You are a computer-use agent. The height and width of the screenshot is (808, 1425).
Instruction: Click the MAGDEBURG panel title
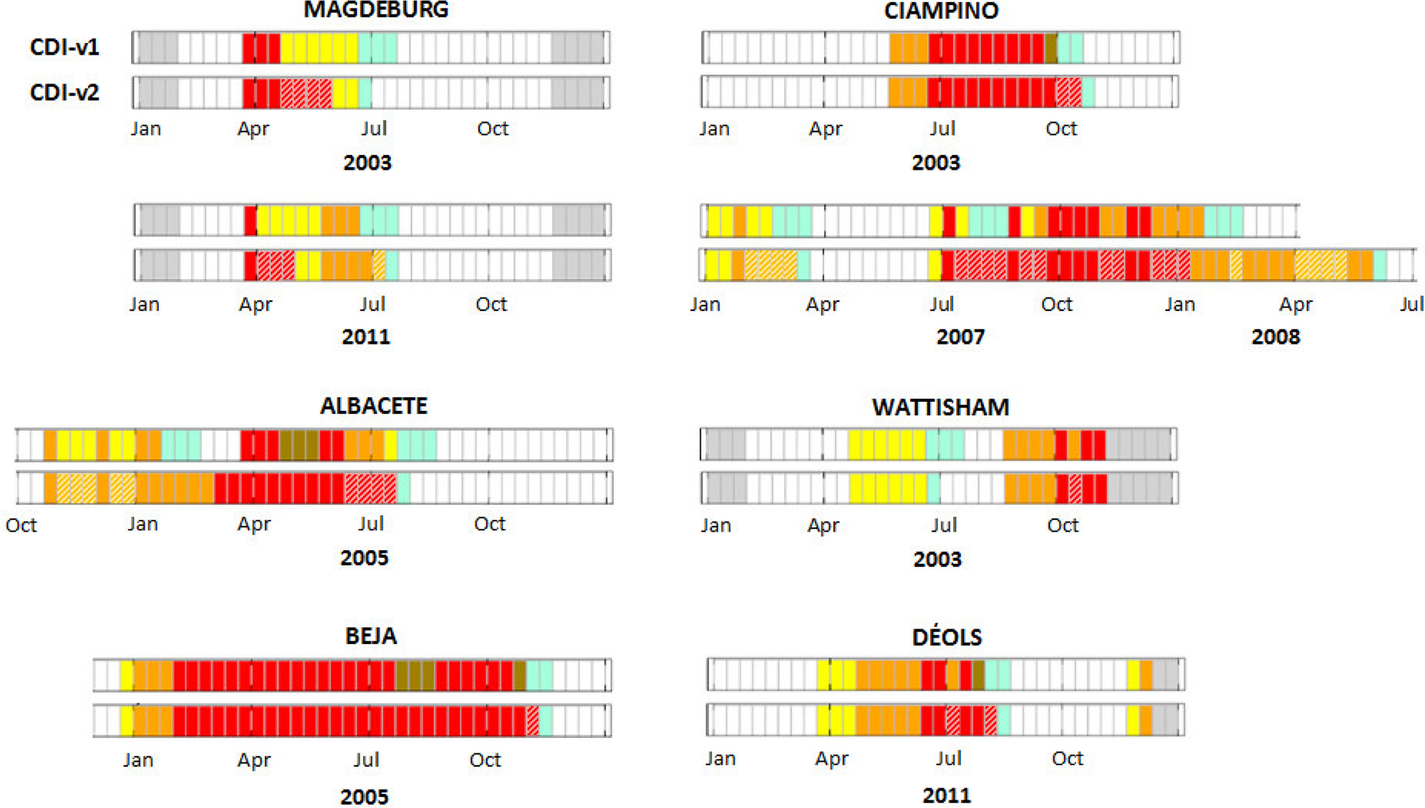click(376, 10)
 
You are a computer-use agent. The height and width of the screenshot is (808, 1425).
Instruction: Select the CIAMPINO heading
click(940, 11)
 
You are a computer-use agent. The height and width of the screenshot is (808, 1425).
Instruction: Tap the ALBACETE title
click(374, 405)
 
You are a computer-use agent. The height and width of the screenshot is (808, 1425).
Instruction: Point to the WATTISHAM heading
click(940, 407)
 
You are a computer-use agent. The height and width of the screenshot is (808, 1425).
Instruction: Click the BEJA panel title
click(371, 635)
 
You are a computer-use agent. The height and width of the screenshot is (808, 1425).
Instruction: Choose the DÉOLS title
click(947, 636)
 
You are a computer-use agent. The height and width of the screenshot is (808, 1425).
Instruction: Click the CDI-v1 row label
click(64, 47)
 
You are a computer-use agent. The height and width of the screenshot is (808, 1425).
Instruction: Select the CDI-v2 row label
click(64, 92)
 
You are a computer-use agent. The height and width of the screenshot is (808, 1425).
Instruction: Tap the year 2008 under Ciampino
click(1275, 336)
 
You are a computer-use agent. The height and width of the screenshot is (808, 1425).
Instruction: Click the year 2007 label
click(960, 336)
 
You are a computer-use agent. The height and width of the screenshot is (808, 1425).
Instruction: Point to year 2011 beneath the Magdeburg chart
click(365, 336)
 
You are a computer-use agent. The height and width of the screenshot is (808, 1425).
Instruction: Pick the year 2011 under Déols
click(947, 795)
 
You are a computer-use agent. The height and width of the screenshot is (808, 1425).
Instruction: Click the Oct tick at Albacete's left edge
click(21, 525)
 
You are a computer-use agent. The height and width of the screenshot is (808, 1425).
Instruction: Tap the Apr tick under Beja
click(254, 760)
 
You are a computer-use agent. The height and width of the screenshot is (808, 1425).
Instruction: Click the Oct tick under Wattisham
click(1062, 525)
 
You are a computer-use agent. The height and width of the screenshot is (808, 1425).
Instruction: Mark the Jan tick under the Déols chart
click(720, 758)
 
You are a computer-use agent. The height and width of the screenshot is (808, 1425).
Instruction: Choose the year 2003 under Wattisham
click(937, 558)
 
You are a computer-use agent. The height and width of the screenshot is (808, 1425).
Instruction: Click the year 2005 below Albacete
click(364, 557)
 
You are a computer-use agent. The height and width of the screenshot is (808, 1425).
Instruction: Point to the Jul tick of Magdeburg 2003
click(374, 128)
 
